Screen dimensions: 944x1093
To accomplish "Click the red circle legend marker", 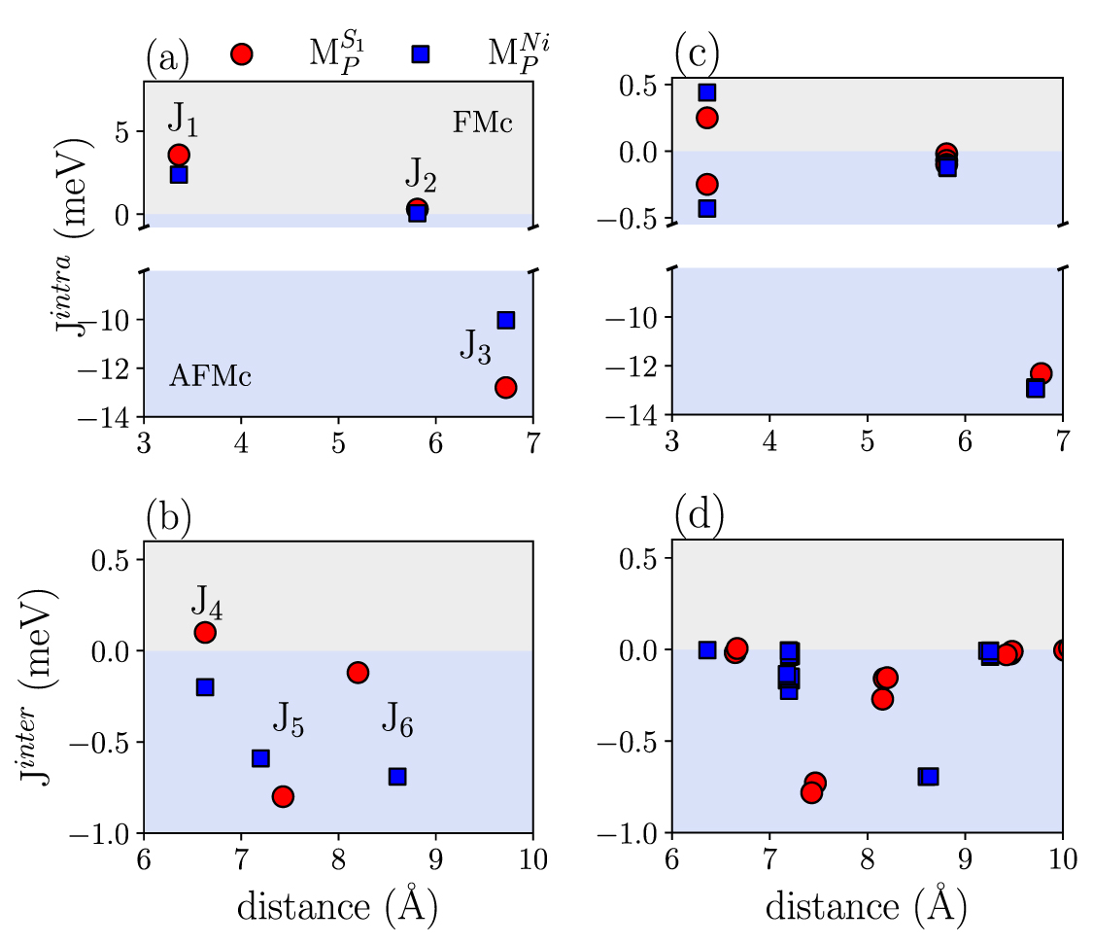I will tap(242, 53).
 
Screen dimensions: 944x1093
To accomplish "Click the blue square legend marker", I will tap(420, 53).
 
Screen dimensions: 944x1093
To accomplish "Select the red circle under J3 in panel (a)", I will tap(505, 387).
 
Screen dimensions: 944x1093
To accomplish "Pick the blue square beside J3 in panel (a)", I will tap(505, 320).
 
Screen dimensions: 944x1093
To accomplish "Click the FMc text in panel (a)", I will tap(482, 123).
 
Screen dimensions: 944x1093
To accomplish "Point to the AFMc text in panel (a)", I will tap(211, 377).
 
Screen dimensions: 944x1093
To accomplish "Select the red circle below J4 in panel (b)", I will tap(205, 632).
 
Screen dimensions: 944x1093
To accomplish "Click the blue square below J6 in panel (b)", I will tap(396, 776).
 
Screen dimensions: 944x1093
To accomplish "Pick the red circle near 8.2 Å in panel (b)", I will tap(358, 672).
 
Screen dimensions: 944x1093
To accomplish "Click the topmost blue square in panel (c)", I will tap(707, 92).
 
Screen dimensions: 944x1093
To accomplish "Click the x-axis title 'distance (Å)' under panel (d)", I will tap(866, 906).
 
